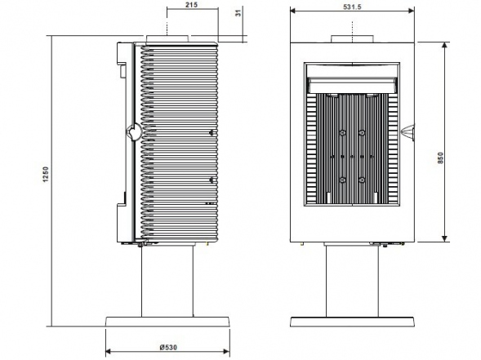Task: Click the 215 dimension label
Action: [x=192, y=5]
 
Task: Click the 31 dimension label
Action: [x=239, y=12]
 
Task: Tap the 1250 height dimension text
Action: [x=46, y=175]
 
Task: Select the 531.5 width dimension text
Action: [x=352, y=7]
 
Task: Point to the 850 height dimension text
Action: [x=440, y=158]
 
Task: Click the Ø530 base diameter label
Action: [x=168, y=347]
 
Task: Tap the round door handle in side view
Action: [x=134, y=132]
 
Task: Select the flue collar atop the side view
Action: [x=167, y=39]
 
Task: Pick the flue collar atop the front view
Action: [x=352, y=39]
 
